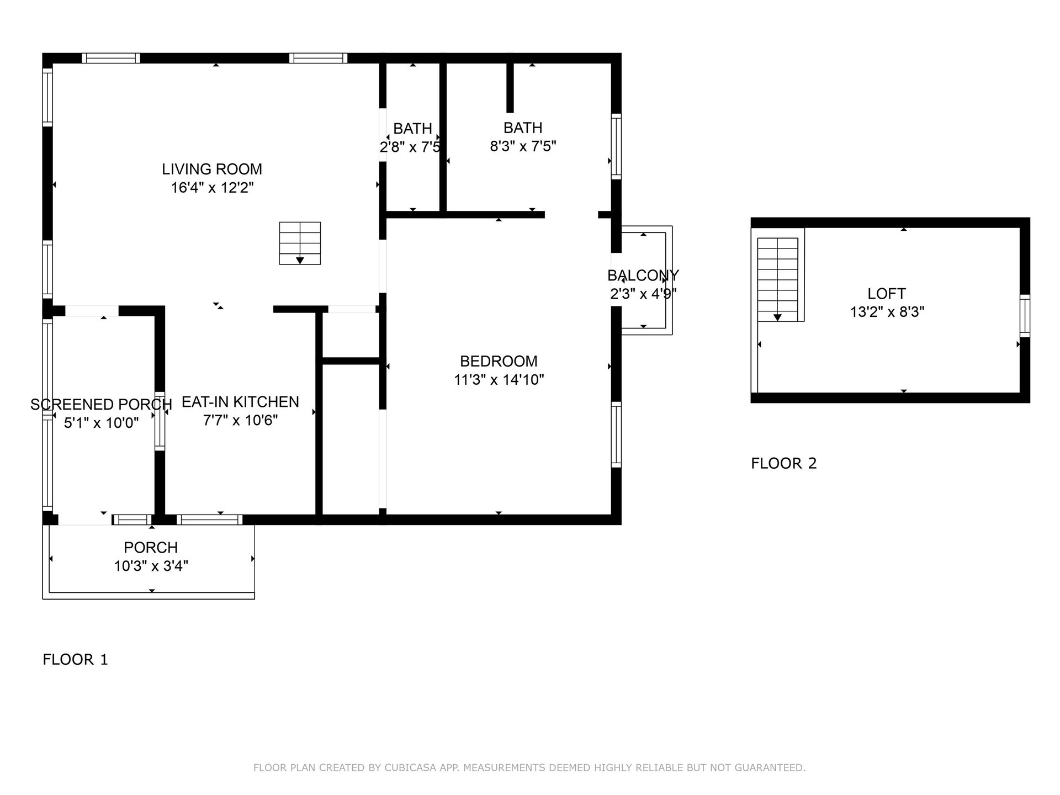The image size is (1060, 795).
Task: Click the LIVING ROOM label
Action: [x=212, y=169]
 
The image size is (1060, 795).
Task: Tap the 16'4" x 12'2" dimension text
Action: [x=212, y=188]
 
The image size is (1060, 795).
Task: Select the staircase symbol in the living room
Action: [x=300, y=243]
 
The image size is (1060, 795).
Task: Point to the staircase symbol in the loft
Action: [x=777, y=279]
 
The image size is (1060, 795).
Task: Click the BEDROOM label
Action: [x=499, y=361]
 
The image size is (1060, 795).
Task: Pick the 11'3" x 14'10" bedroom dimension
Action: [x=499, y=380]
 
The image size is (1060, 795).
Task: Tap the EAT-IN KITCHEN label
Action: [x=240, y=402]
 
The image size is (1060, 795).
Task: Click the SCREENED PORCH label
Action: [x=101, y=405]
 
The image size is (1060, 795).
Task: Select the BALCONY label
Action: [x=643, y=275]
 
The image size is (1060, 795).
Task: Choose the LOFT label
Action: [x=887, y=294]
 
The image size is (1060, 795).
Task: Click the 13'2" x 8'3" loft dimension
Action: [x=887, y=312]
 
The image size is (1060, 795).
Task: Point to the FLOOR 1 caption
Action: [x=75, y=659]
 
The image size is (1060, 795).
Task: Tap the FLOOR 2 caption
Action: [x=783, y=463]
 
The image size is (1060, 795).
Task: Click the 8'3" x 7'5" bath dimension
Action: [x=523, y=146]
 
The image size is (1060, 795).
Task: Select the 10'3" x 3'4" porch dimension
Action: [x=151, y=566]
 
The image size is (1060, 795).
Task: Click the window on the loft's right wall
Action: [x=1025, y=316]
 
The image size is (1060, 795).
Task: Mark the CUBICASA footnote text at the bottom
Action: [x=529, y=767]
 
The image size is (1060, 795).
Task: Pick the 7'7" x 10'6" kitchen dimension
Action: [x=240, y=421]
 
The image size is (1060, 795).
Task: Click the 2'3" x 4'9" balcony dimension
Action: [x=643, y=294]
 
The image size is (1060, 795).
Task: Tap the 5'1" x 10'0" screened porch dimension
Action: [x=101, y=423]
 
